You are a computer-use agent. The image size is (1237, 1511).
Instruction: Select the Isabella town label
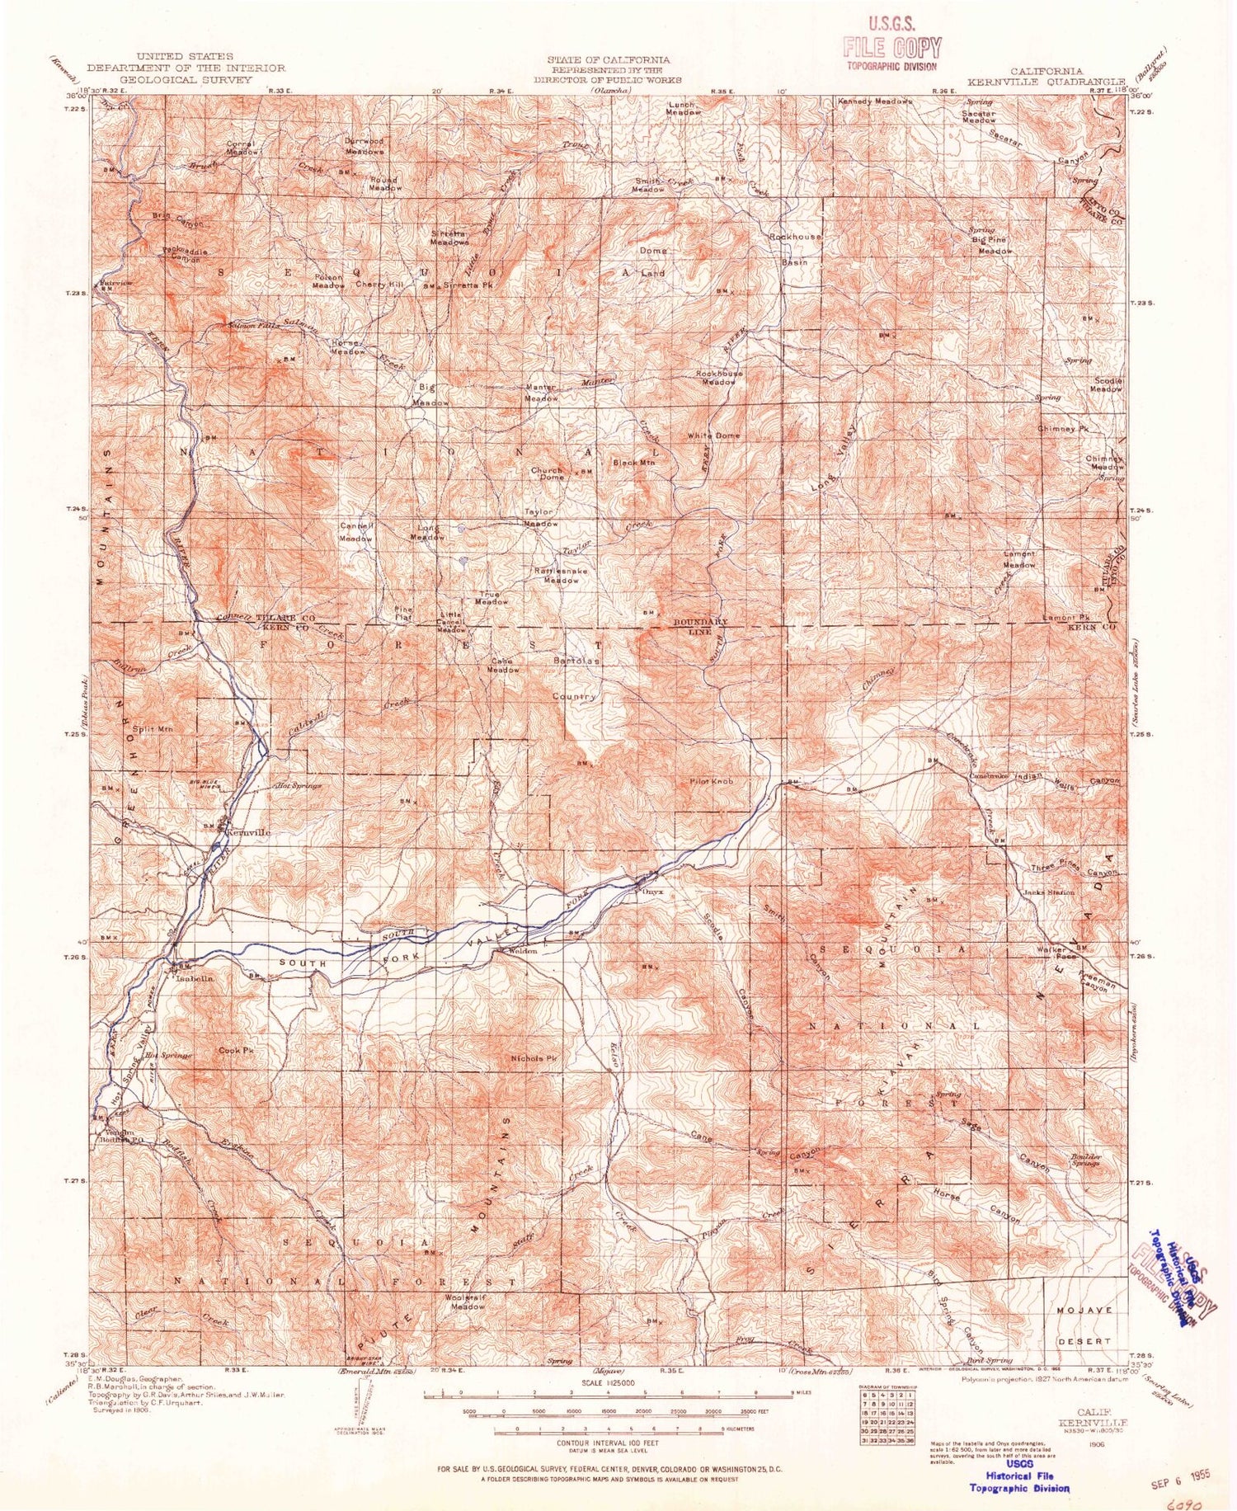pos(194,977)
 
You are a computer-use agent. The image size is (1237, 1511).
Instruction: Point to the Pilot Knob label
pos(711,780)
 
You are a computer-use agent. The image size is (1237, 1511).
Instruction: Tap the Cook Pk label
pos(235,1051)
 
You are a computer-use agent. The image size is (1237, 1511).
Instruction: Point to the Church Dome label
pos(547,473)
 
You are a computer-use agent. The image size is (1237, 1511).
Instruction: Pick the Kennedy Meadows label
pos(875,101)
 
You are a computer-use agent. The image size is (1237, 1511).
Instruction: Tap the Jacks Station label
pos(1048,892)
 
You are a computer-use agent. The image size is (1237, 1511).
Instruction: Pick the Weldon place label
pos(520,951)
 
